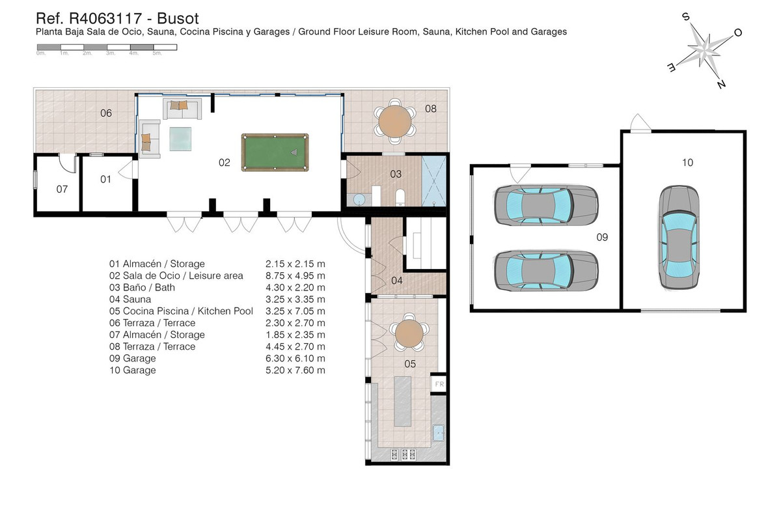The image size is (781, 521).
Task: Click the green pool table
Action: (x=275, y=152)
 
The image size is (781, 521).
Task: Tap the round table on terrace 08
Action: (x=395, y=121)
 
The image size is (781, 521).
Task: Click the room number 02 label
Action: (x=224, y=163)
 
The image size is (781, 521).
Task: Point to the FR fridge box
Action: (x=439, y=384)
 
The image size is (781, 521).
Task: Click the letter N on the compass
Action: (x=721, y=84)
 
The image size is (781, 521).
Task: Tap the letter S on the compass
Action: (x=685, y=17)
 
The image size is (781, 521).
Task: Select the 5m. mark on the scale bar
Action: (x=158, y=53)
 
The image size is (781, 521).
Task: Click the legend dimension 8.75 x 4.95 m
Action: (x=295, y=275)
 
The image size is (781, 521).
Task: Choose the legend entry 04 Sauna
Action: (x=130, y=300)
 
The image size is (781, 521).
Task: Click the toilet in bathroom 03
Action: (x=400, y=197)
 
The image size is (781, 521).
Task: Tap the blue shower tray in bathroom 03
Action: (x=434, y=181)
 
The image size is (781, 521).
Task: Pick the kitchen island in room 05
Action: (x=403, y=401)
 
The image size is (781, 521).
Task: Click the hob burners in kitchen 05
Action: (x=404, y=455)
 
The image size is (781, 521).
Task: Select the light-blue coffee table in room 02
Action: (x=180, y=139)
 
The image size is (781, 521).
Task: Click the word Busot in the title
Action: (x=178, y=18)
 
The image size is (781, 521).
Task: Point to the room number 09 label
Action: (x=602, y=237)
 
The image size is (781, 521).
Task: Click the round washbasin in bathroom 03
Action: (x=359, y=200)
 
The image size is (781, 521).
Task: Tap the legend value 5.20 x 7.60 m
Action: (x=295, y=371)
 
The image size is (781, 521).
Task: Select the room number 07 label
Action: (x=62, y=189)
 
